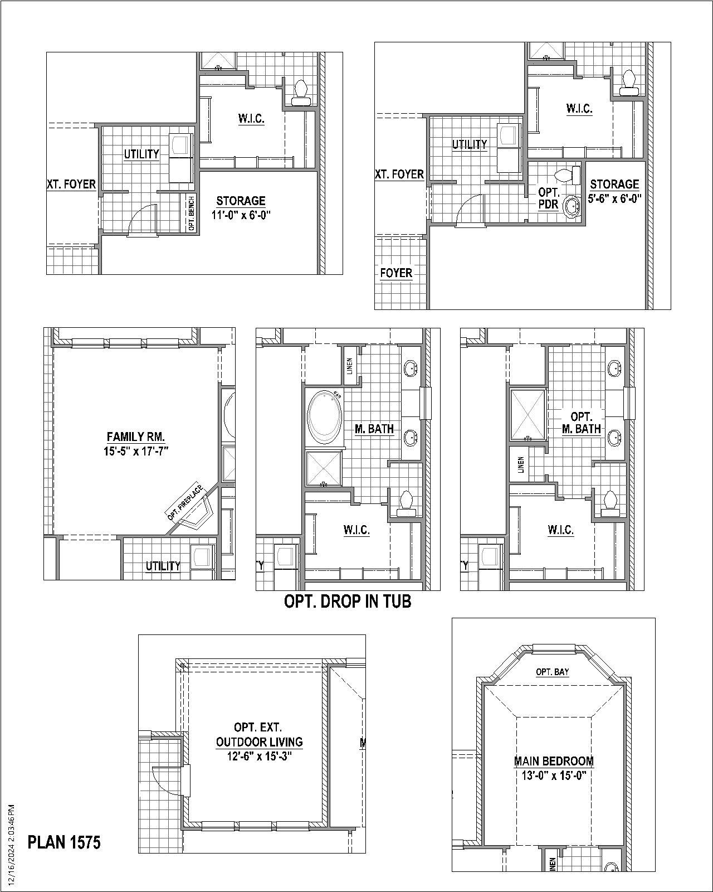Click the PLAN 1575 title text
tap(64, 842)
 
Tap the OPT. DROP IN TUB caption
tap(348, 601)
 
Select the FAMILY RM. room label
tap(136, 437)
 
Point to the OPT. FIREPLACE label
tap(185, 502)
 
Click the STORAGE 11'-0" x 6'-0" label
tap(241, 207)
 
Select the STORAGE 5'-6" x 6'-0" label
tap(614, 191)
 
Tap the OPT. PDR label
tap(549, 198)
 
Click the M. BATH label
tap(374, 429)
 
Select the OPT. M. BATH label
tap(581, 423)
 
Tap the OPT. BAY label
tap(552, 672)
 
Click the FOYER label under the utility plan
tap(396, 273)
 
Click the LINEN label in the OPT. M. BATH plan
tap(521, 464)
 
